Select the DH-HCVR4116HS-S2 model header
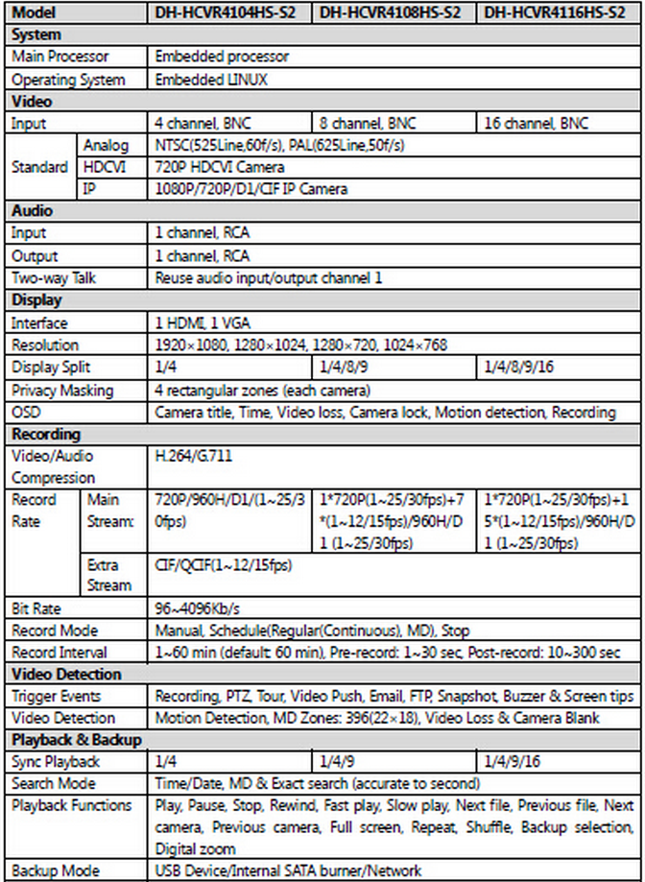tap(556, 13)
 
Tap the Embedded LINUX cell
tap(212, 80)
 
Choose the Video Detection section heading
tap(66, 675)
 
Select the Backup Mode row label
tap(55, 870)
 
